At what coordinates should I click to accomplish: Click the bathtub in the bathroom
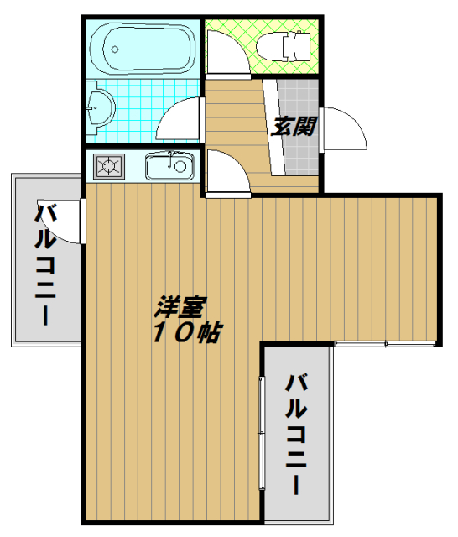(x=143, y=49)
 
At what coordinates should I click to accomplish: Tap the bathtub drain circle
(x=115, y=50)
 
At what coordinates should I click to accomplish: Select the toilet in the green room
(x=284, y=46)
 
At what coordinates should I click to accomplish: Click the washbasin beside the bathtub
(x=100, y=107)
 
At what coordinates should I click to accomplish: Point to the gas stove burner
(x=109, y=166)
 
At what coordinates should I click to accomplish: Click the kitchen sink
(x=169, y=166)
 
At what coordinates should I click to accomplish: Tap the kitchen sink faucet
(x=170, y=159)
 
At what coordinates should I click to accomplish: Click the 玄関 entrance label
(x=294, y=127)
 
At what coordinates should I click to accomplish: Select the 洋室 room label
(x=180, y=306)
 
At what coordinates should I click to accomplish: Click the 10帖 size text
(x=187, y=332)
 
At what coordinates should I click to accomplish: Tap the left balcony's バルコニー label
(x=45, y=263)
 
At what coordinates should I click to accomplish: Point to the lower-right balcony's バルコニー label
(x=296, y=435)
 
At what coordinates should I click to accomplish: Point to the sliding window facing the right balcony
(x=262, y=433)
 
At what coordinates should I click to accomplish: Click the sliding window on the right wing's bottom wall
(x=385, y=343)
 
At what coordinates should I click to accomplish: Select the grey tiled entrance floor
(x=299, y=128)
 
